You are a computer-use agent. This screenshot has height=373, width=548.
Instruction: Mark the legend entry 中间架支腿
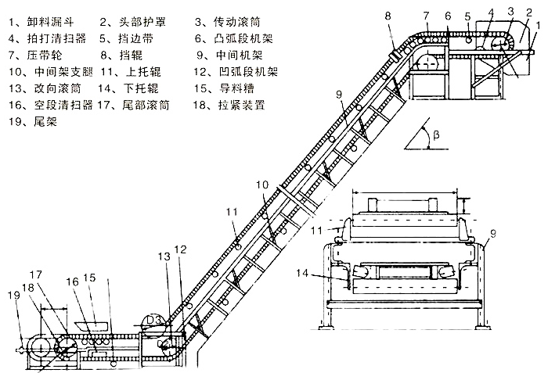(x=47, y=72)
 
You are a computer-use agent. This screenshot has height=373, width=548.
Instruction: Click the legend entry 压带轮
(x=37, y=56)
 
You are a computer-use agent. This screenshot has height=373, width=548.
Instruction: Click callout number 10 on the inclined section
(x=261, y=184)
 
